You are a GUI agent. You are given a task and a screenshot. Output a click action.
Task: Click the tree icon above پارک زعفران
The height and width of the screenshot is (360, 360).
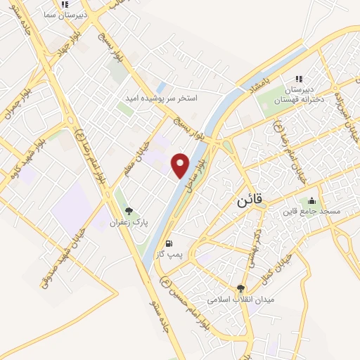click(x=128, y=210)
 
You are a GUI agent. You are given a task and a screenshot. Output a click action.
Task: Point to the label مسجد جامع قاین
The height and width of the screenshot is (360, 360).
click(x=311, y=212)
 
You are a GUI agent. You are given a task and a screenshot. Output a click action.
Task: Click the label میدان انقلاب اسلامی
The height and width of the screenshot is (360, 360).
click(x=240, y=300)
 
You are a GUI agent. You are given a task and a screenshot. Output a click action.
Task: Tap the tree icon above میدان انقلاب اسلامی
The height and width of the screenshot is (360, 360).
click(x=240, y=288)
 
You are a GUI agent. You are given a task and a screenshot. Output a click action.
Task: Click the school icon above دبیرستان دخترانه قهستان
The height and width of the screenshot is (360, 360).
click(x=299, y=79)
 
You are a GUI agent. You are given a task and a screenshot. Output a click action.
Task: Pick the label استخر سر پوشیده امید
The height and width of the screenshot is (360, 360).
click(x=169, y=98)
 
